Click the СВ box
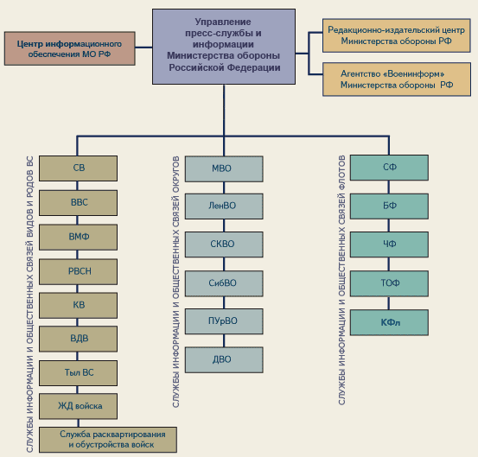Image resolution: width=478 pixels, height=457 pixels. coord(78,168)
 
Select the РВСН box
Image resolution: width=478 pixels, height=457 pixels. coord(78,272)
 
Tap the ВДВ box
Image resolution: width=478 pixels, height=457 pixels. coord(78,339)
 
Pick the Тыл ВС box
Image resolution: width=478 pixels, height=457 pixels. coord(78,373)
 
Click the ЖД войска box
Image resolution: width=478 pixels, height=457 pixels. coord(78,406)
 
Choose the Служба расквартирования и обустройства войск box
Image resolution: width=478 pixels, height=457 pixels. coord(108,440)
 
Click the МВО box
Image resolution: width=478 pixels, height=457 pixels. coord(224,169)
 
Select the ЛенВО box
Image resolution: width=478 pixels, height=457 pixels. coord(224,206)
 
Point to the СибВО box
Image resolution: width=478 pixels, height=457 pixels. coord(224,283)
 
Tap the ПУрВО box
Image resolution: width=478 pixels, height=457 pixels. coord(224,321)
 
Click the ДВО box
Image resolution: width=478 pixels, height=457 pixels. coord(224,359)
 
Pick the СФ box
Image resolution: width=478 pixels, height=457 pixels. coord(389,168)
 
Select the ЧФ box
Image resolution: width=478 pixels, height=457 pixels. coord(389,244)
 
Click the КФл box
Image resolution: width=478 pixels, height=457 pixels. coord(389,322)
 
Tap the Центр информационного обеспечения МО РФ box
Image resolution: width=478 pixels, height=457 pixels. coord(70,48)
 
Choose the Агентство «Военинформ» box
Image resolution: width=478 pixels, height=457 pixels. coord(397,79)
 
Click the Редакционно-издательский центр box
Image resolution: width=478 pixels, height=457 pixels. coord(397,35)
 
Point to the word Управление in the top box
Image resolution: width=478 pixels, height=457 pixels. coord(223,22)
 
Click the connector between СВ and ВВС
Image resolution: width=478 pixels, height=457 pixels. coord(78,186)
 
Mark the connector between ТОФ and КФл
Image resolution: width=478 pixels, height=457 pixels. coord(389,303)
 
